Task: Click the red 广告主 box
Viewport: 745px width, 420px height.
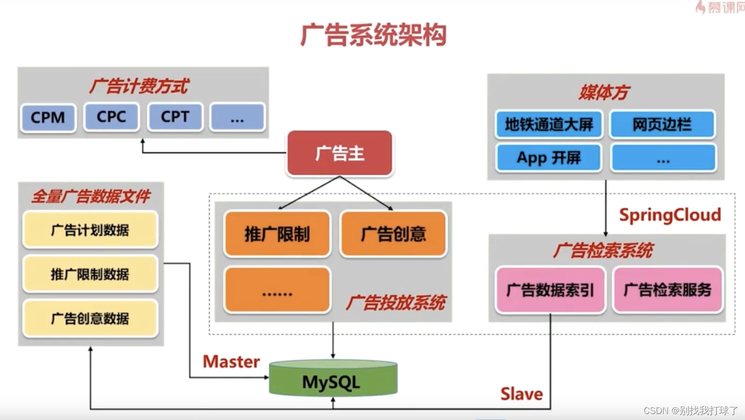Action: tap(340, 153)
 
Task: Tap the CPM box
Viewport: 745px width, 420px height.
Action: tap(48, 118)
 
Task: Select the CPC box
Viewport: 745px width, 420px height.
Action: tap(111, 117)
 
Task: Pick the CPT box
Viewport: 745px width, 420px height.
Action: tap(175, 117)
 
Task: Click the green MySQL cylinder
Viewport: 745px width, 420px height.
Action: tap(333, 381)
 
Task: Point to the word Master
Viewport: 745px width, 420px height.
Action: tap(231, 361)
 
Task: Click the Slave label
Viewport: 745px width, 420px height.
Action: tap(521, 394)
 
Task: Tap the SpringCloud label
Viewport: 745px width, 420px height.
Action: tap(670, 215)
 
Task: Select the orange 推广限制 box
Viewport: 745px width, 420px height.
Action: tap(277, 234)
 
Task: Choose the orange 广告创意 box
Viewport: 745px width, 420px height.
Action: tap(393, 234)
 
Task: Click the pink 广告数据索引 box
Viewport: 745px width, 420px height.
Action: tap(550, 290)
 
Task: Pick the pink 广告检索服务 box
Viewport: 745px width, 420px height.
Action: tap(668, 290)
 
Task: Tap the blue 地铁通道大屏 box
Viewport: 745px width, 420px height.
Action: tap(549, 124)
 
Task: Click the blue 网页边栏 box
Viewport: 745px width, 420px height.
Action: tap(662, 124)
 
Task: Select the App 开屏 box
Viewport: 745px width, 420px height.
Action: tap(549, 158)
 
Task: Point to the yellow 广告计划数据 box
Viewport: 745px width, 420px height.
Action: tap(90, 230)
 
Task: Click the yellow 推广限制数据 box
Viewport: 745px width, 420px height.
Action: tap(90, 274)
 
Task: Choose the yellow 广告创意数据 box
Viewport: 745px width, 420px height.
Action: tap(90, 318)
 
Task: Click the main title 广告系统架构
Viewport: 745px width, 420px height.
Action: tap(373, 35)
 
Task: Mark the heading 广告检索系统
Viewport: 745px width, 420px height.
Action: tap(603, 251)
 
